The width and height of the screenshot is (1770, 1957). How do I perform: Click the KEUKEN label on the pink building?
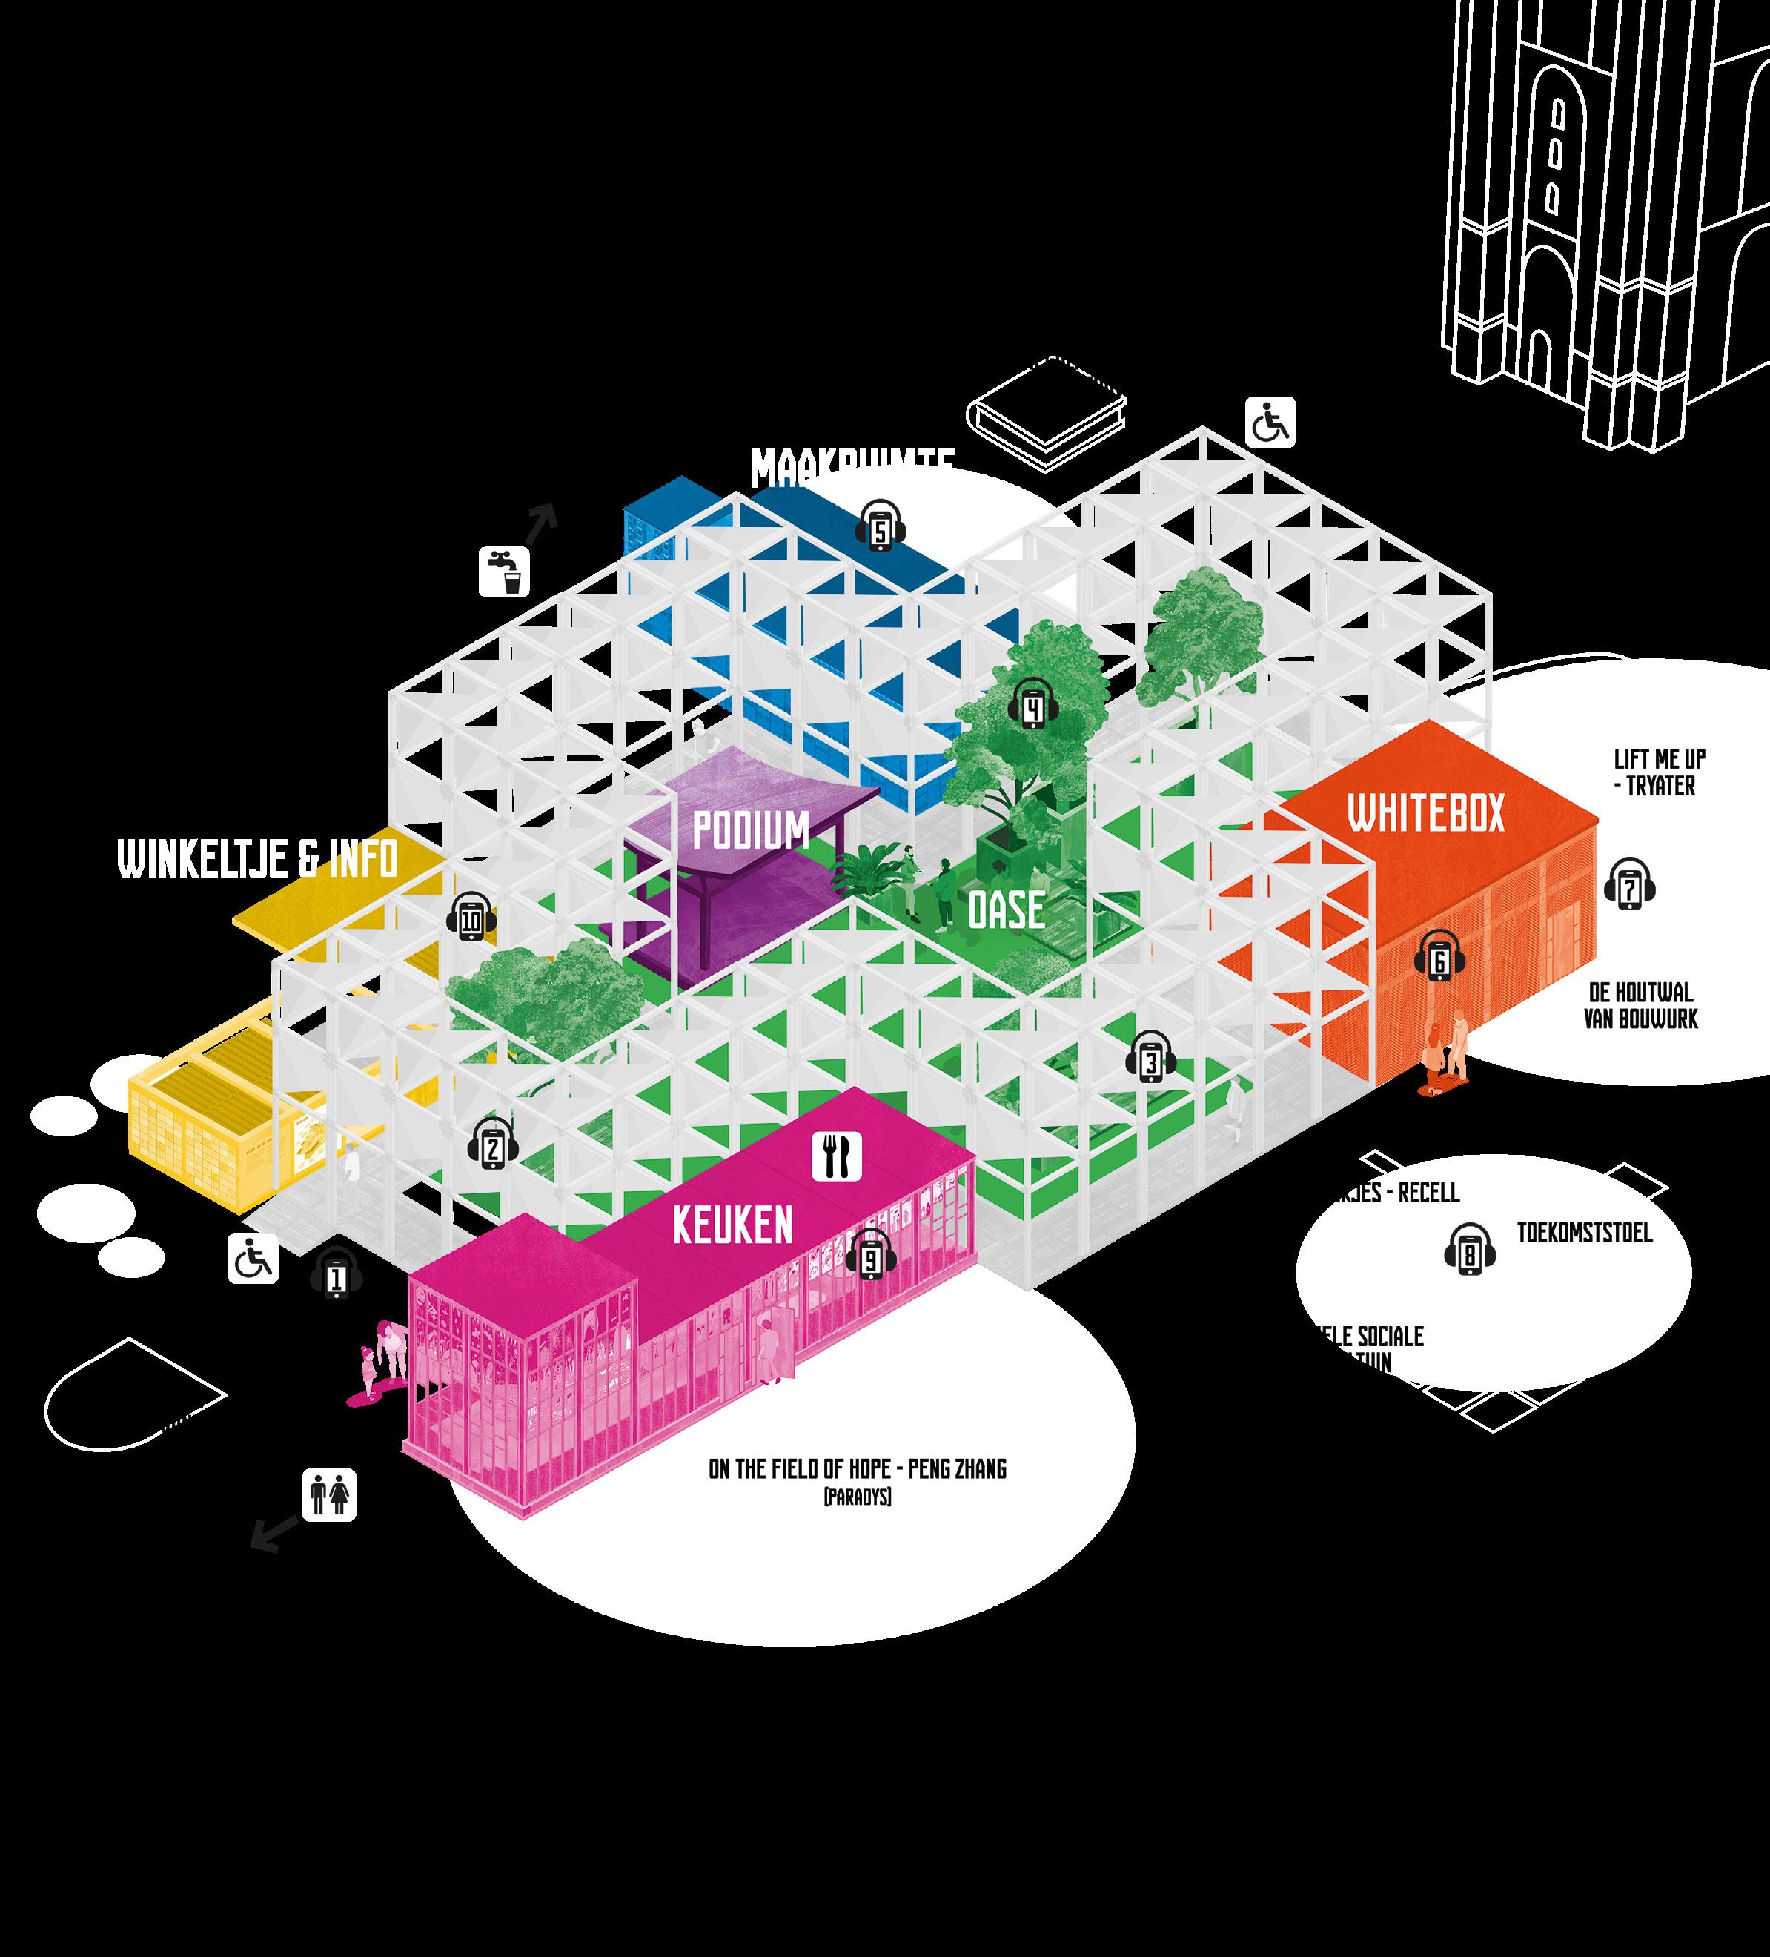[732, 1225]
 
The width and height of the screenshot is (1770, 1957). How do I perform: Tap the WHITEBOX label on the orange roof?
[1425, 812]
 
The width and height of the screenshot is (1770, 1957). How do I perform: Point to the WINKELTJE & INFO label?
[258, 859]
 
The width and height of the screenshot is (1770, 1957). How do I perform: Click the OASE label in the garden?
[1007, 910]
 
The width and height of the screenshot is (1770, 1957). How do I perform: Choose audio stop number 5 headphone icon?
[880, 527]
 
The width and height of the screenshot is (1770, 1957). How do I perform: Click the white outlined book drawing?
[1048, 415]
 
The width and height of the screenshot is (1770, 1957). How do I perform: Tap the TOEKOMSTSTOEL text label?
[1585, 1233]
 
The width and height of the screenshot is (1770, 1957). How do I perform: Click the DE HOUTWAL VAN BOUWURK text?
[1641, 1006]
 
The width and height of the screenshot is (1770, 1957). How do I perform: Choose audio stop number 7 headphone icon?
[1629, 884]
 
